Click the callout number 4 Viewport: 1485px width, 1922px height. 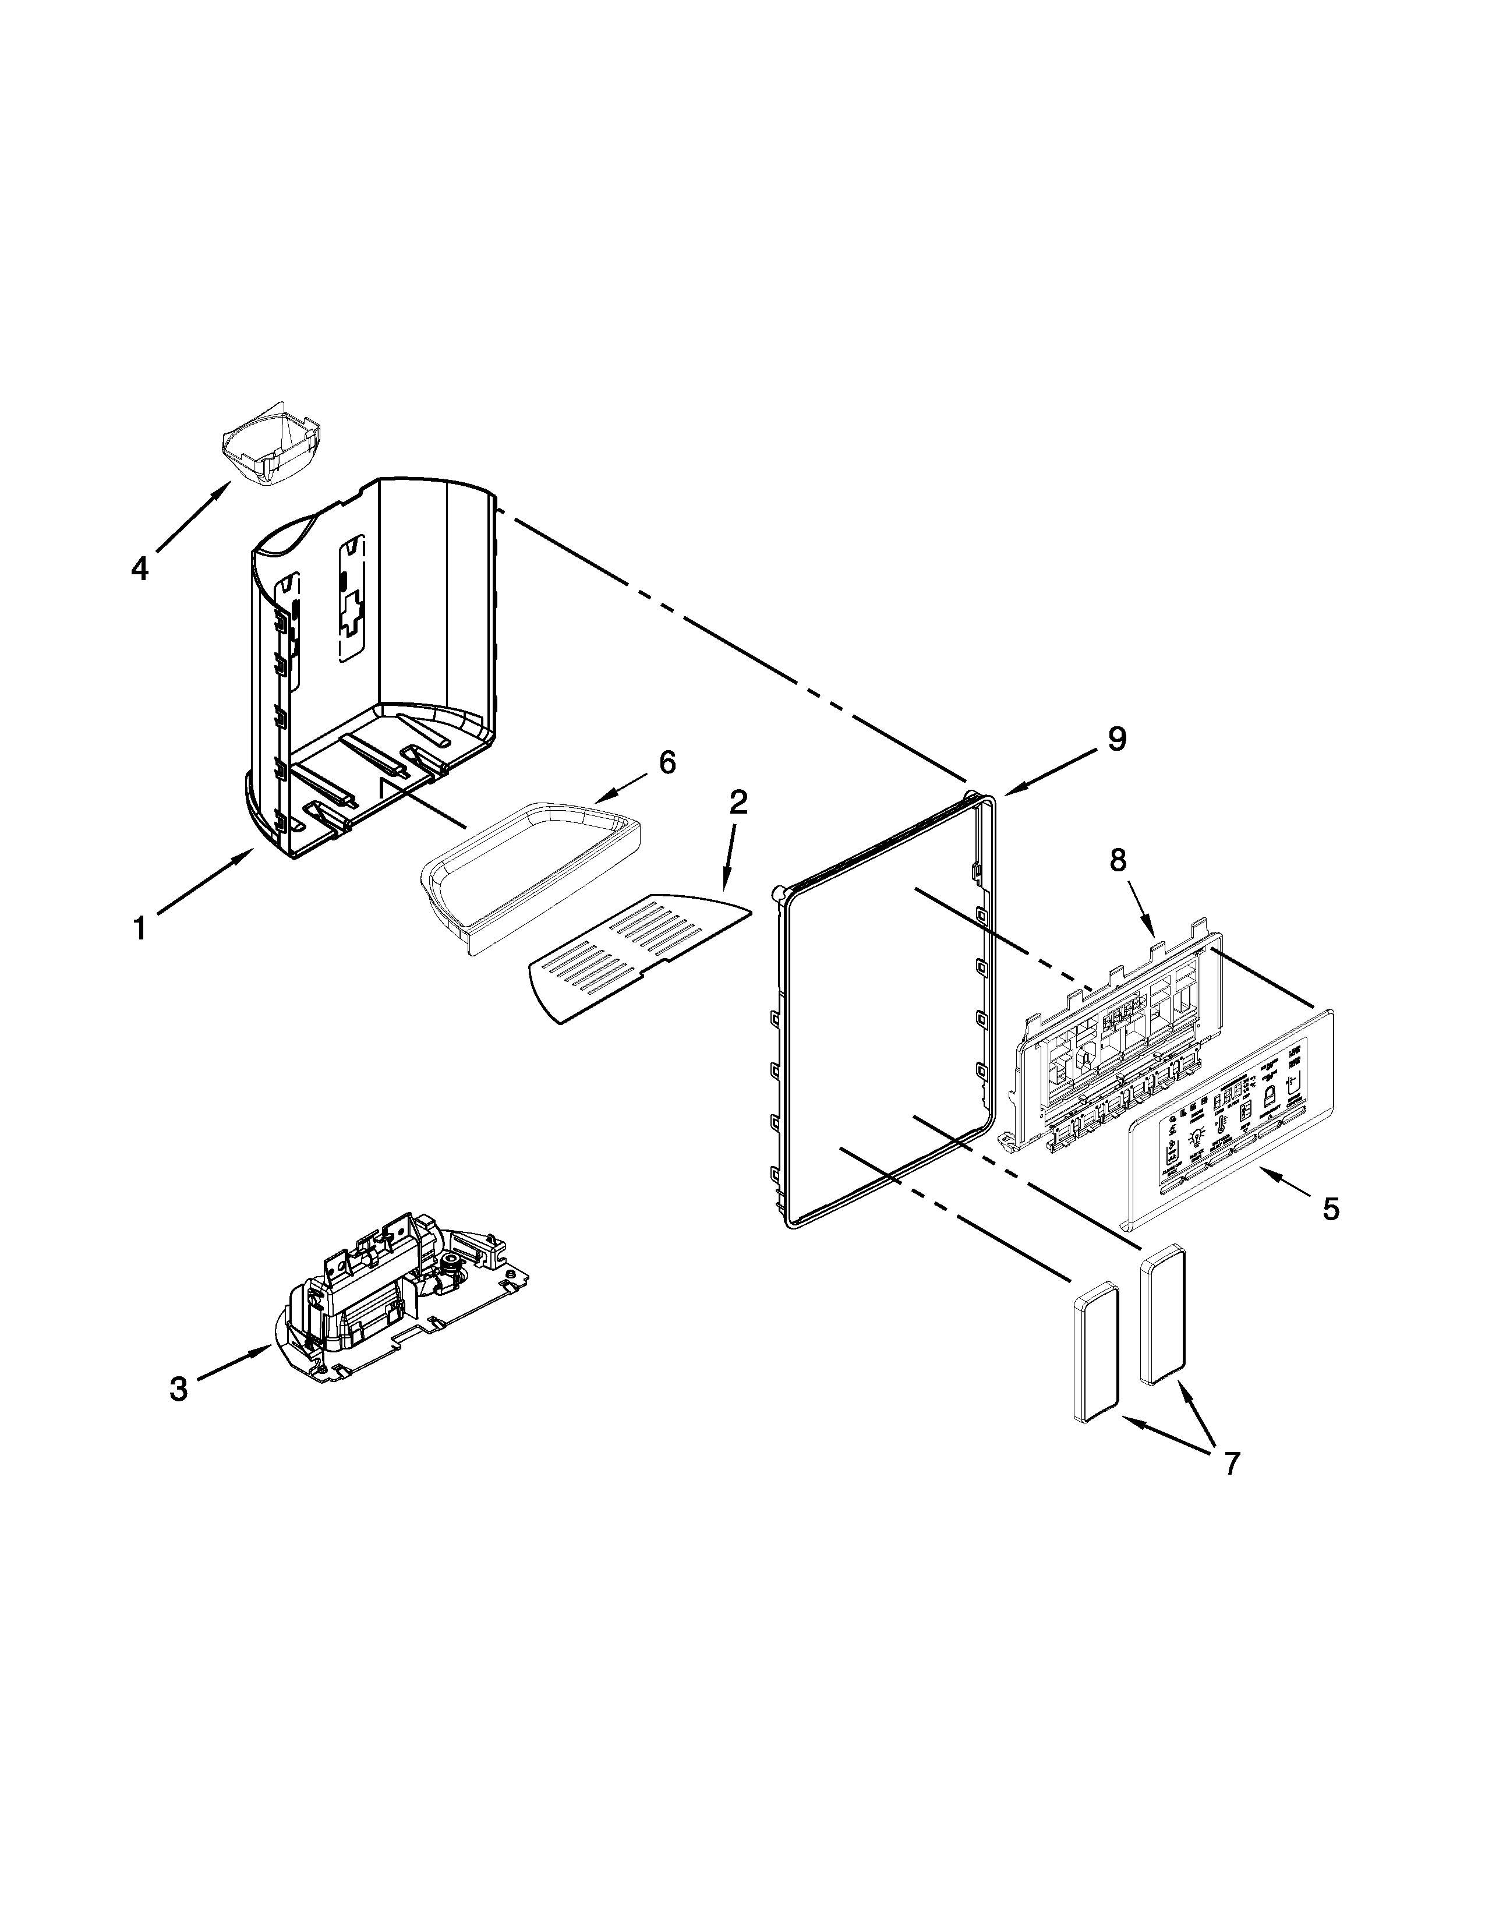pyautogui.click(x=140, y=570)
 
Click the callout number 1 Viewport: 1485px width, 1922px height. pyautogui.click(x=139, y=928)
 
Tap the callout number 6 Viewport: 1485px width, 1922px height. pyautogui.click(x=668, y=763)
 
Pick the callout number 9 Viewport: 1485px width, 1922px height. pyautogui.click(x=1116, y=739)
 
